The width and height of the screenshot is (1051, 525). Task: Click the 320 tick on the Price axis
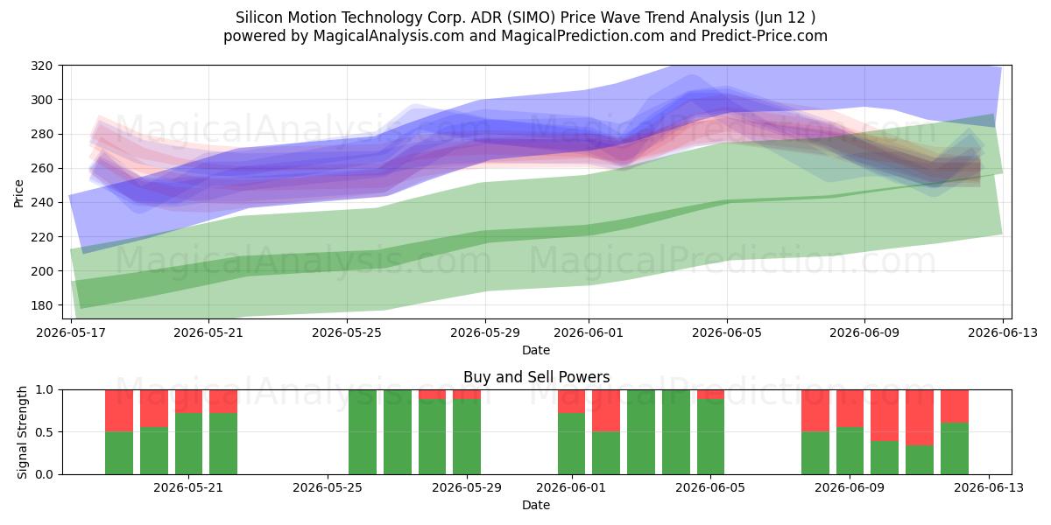(41, 66)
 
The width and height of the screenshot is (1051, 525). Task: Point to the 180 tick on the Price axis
(41, 305)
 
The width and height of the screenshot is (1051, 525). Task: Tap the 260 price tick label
(41, 168)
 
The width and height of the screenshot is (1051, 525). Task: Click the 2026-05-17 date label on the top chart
(71, 332)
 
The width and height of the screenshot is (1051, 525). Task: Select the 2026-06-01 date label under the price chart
(589, 332)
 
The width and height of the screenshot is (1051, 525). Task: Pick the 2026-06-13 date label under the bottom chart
(989, 488)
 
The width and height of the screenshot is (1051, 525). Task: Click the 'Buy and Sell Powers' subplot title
(536, 377)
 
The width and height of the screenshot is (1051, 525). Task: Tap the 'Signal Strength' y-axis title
(22, 432)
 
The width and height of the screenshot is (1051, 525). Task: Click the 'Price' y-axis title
(18, 193)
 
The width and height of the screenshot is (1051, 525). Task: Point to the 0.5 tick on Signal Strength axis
(44, 431)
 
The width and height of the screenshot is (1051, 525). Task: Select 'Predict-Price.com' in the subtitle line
(765, 36)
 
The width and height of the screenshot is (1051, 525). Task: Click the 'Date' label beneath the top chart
(536, 350)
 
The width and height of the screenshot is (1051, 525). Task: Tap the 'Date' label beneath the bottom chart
(536, 505)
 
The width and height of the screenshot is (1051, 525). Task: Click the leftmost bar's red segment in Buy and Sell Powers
(119, 410)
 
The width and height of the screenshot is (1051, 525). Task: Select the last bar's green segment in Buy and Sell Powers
(955, 449)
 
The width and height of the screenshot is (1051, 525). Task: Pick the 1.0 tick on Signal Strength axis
(44, 390)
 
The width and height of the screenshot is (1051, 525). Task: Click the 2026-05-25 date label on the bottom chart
(328, 488)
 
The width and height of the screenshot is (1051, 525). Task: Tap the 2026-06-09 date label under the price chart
(864, 332)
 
